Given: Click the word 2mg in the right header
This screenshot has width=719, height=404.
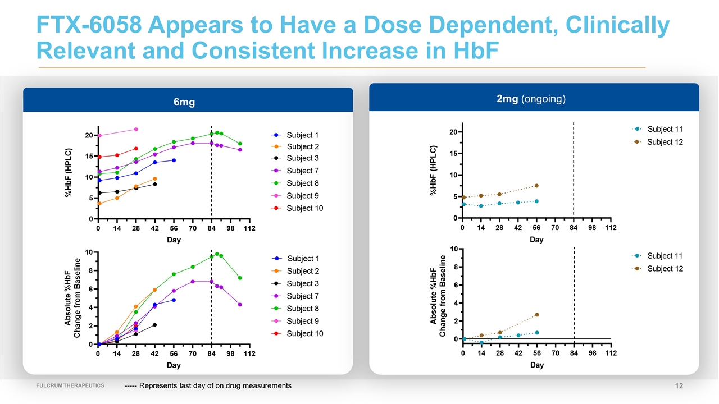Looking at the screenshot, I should (x=508, y=99).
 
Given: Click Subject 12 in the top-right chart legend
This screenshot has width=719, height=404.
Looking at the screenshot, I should (x=665, y=142).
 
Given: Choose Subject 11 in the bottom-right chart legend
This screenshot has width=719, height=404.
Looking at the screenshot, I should (x=665, y=256).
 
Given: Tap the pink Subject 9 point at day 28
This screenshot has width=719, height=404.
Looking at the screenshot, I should (x=136, y=130).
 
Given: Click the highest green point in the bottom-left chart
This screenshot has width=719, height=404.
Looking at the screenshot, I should (x=217, y=254).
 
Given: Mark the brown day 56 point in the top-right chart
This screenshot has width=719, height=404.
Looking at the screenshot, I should (x=536, y=186).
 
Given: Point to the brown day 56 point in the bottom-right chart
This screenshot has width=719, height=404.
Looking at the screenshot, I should (x=536, y=315).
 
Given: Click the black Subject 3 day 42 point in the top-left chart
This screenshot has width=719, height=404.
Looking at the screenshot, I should (x=155, y=184).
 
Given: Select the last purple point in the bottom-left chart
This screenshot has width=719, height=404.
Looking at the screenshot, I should (x=240, y=305).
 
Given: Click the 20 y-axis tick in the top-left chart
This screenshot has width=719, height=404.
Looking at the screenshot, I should (x=89, y=135).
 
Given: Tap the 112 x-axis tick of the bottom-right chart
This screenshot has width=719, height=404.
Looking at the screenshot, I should (x=611, y=353).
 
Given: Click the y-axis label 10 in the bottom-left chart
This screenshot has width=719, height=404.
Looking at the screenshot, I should (x=89, y=252).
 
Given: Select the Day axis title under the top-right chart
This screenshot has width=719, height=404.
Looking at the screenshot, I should (x=536, y=240).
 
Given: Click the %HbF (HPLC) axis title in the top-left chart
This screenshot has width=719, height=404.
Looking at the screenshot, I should (x=68, y=172).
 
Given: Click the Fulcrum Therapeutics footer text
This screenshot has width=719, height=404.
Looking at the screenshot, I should (x=70, y=385).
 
